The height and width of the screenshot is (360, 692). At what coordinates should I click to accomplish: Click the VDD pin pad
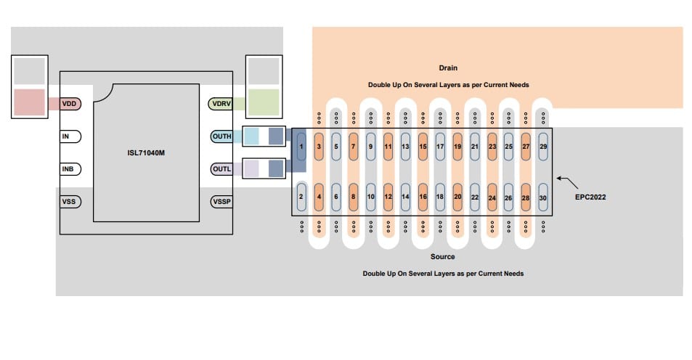[70, 104]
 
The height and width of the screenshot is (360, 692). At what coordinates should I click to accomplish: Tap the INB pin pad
[70, 169]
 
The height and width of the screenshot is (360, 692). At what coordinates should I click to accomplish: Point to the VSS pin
[70, 201]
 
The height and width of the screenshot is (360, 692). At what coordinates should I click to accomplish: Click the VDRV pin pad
[221, 104]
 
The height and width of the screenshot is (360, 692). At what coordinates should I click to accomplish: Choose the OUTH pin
[221, 136]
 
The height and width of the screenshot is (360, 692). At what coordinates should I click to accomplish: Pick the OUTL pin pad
[221, 169]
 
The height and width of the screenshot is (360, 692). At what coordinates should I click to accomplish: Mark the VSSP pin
[221, 201]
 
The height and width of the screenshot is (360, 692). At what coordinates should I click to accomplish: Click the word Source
[442, 257]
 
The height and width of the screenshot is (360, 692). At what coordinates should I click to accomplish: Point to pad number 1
[301, 147]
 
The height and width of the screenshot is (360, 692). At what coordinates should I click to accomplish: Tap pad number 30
[543, 197]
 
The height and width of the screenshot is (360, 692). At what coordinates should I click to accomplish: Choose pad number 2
[301, 197]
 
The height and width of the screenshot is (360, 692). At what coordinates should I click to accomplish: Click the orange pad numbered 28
[526, 197]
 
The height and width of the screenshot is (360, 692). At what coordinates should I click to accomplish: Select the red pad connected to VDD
[30, 102]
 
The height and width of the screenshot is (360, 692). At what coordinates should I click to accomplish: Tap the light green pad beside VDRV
[264, 102]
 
